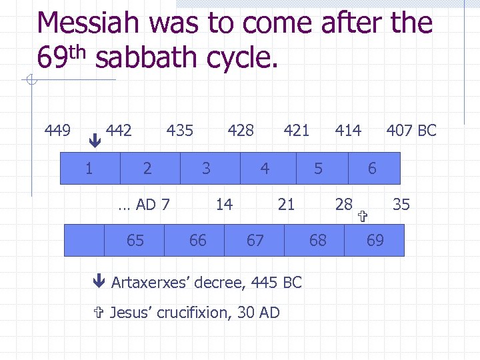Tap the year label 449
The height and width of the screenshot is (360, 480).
tap(58, 130)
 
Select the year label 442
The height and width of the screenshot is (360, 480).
tap(119, 130)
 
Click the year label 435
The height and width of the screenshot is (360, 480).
tap(179, 130)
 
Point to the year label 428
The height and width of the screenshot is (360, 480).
tap(241, 130)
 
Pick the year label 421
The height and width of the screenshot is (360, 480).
tap(297, 130)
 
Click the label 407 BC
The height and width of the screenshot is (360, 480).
tap(411, 130)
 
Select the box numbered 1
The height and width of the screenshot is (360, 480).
tap(89, 168)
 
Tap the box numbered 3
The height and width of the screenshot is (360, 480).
tap(206, 168)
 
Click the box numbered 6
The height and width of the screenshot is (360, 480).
tap(373, 168)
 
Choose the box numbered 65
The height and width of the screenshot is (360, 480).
tap(135, 240)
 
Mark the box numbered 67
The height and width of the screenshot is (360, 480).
tap(255, 240)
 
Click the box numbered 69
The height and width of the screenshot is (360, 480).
tap(375, 240)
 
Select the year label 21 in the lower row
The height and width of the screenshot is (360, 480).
tap(286, 204)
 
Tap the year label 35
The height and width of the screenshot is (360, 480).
tap(401, 204)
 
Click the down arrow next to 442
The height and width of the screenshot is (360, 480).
tap(95, 141)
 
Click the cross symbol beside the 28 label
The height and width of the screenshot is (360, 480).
tap(363, 216)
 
